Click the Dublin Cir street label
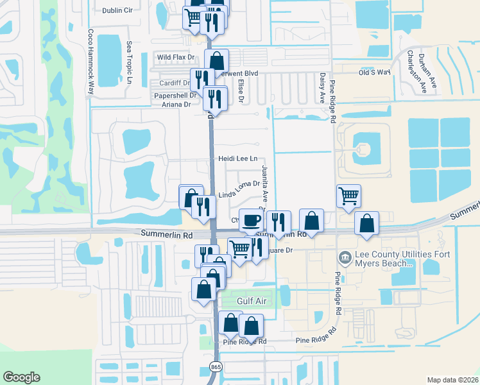[122, 10]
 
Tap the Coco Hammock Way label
[91, 62]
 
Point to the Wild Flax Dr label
[176, 58]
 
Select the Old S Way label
[375, 73]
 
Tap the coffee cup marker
[250, 220]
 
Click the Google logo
[21, 377]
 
